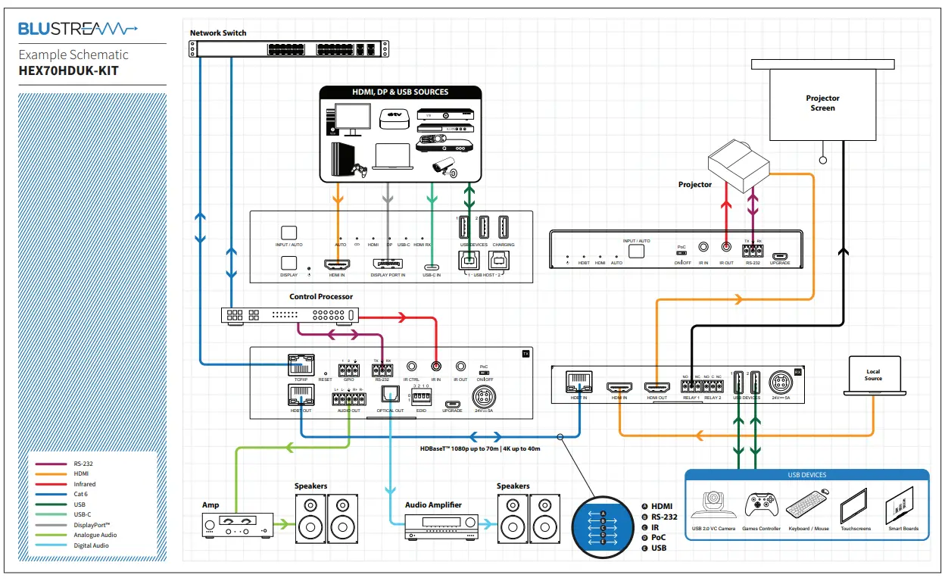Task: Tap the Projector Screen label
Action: pos(822,103)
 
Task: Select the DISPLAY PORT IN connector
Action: pos(388,265)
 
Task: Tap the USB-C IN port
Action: pos(432,267)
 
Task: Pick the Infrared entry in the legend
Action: pos(85,484)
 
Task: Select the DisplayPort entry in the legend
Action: pos(92,525)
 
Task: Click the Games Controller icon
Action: pos(762,504)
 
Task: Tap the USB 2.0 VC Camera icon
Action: pos(713,504)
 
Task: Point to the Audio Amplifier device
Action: pos(442,525)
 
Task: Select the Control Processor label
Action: pos(321,297)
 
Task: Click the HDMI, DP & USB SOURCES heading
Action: pos(400,92)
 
